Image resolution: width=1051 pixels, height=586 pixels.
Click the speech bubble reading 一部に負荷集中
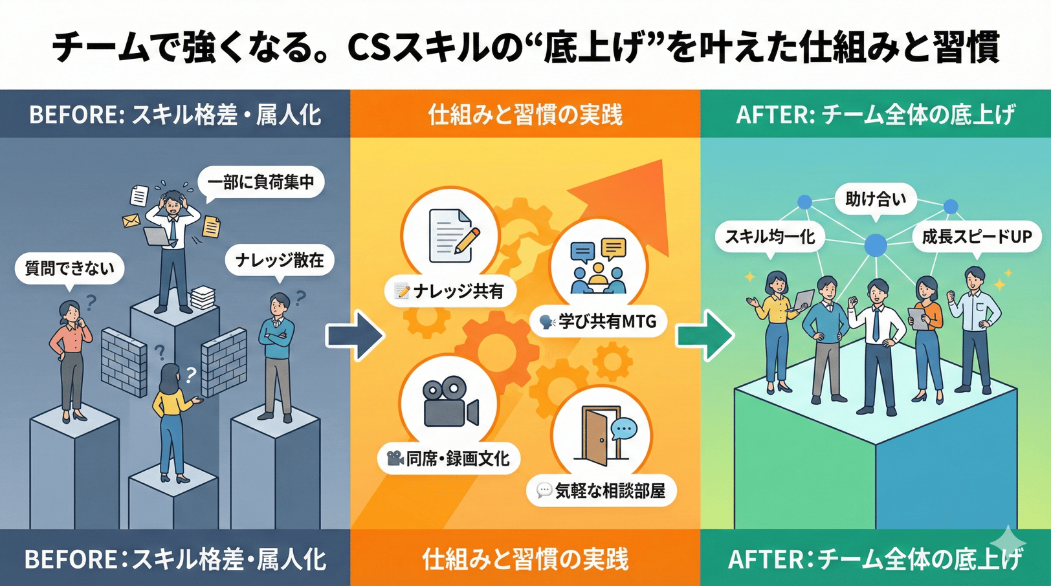261,182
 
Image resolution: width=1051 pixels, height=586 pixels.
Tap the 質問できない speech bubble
69,268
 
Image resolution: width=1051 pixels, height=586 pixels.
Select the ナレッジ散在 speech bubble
279,260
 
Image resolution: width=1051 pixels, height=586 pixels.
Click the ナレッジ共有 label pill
450,292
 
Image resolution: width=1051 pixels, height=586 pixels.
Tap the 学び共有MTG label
598,321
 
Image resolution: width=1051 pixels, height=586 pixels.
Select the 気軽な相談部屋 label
601,491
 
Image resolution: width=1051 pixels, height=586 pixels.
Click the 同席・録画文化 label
448,459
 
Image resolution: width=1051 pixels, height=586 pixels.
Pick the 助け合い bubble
875,199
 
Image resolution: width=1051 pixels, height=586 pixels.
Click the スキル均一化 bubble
769,237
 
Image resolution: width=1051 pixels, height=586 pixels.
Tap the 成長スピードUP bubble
976,237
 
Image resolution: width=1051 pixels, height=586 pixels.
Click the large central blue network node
876,245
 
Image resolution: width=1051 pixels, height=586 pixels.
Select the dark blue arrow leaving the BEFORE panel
355,335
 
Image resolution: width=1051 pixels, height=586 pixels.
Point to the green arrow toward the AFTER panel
705,335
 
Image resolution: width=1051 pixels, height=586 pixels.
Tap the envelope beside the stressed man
131,221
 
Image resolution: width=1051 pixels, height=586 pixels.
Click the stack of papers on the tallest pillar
202,298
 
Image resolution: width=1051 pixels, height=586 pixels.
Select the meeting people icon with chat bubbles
598,265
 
